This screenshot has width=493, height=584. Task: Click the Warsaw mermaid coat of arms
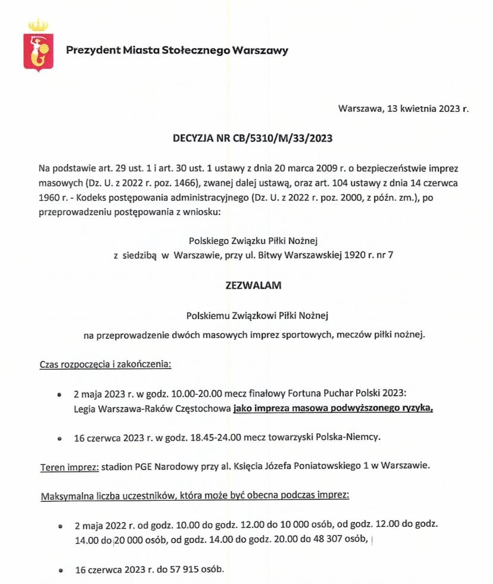[38, 53]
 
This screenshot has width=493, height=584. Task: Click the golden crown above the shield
[38, 26]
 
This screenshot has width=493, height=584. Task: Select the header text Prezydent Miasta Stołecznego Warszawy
[177, 50]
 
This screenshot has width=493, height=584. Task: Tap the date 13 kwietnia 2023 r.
[428, 109]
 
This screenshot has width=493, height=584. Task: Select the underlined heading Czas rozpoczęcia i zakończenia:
[105, 364]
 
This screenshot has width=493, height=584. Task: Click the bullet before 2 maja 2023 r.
[59, 395]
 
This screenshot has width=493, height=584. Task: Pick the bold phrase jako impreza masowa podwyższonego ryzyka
[333, 408]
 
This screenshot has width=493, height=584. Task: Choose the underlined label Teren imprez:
[68, 466]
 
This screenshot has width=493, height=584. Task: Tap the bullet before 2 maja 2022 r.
[60, 527]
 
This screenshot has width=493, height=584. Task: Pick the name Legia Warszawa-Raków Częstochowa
[151, 408]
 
